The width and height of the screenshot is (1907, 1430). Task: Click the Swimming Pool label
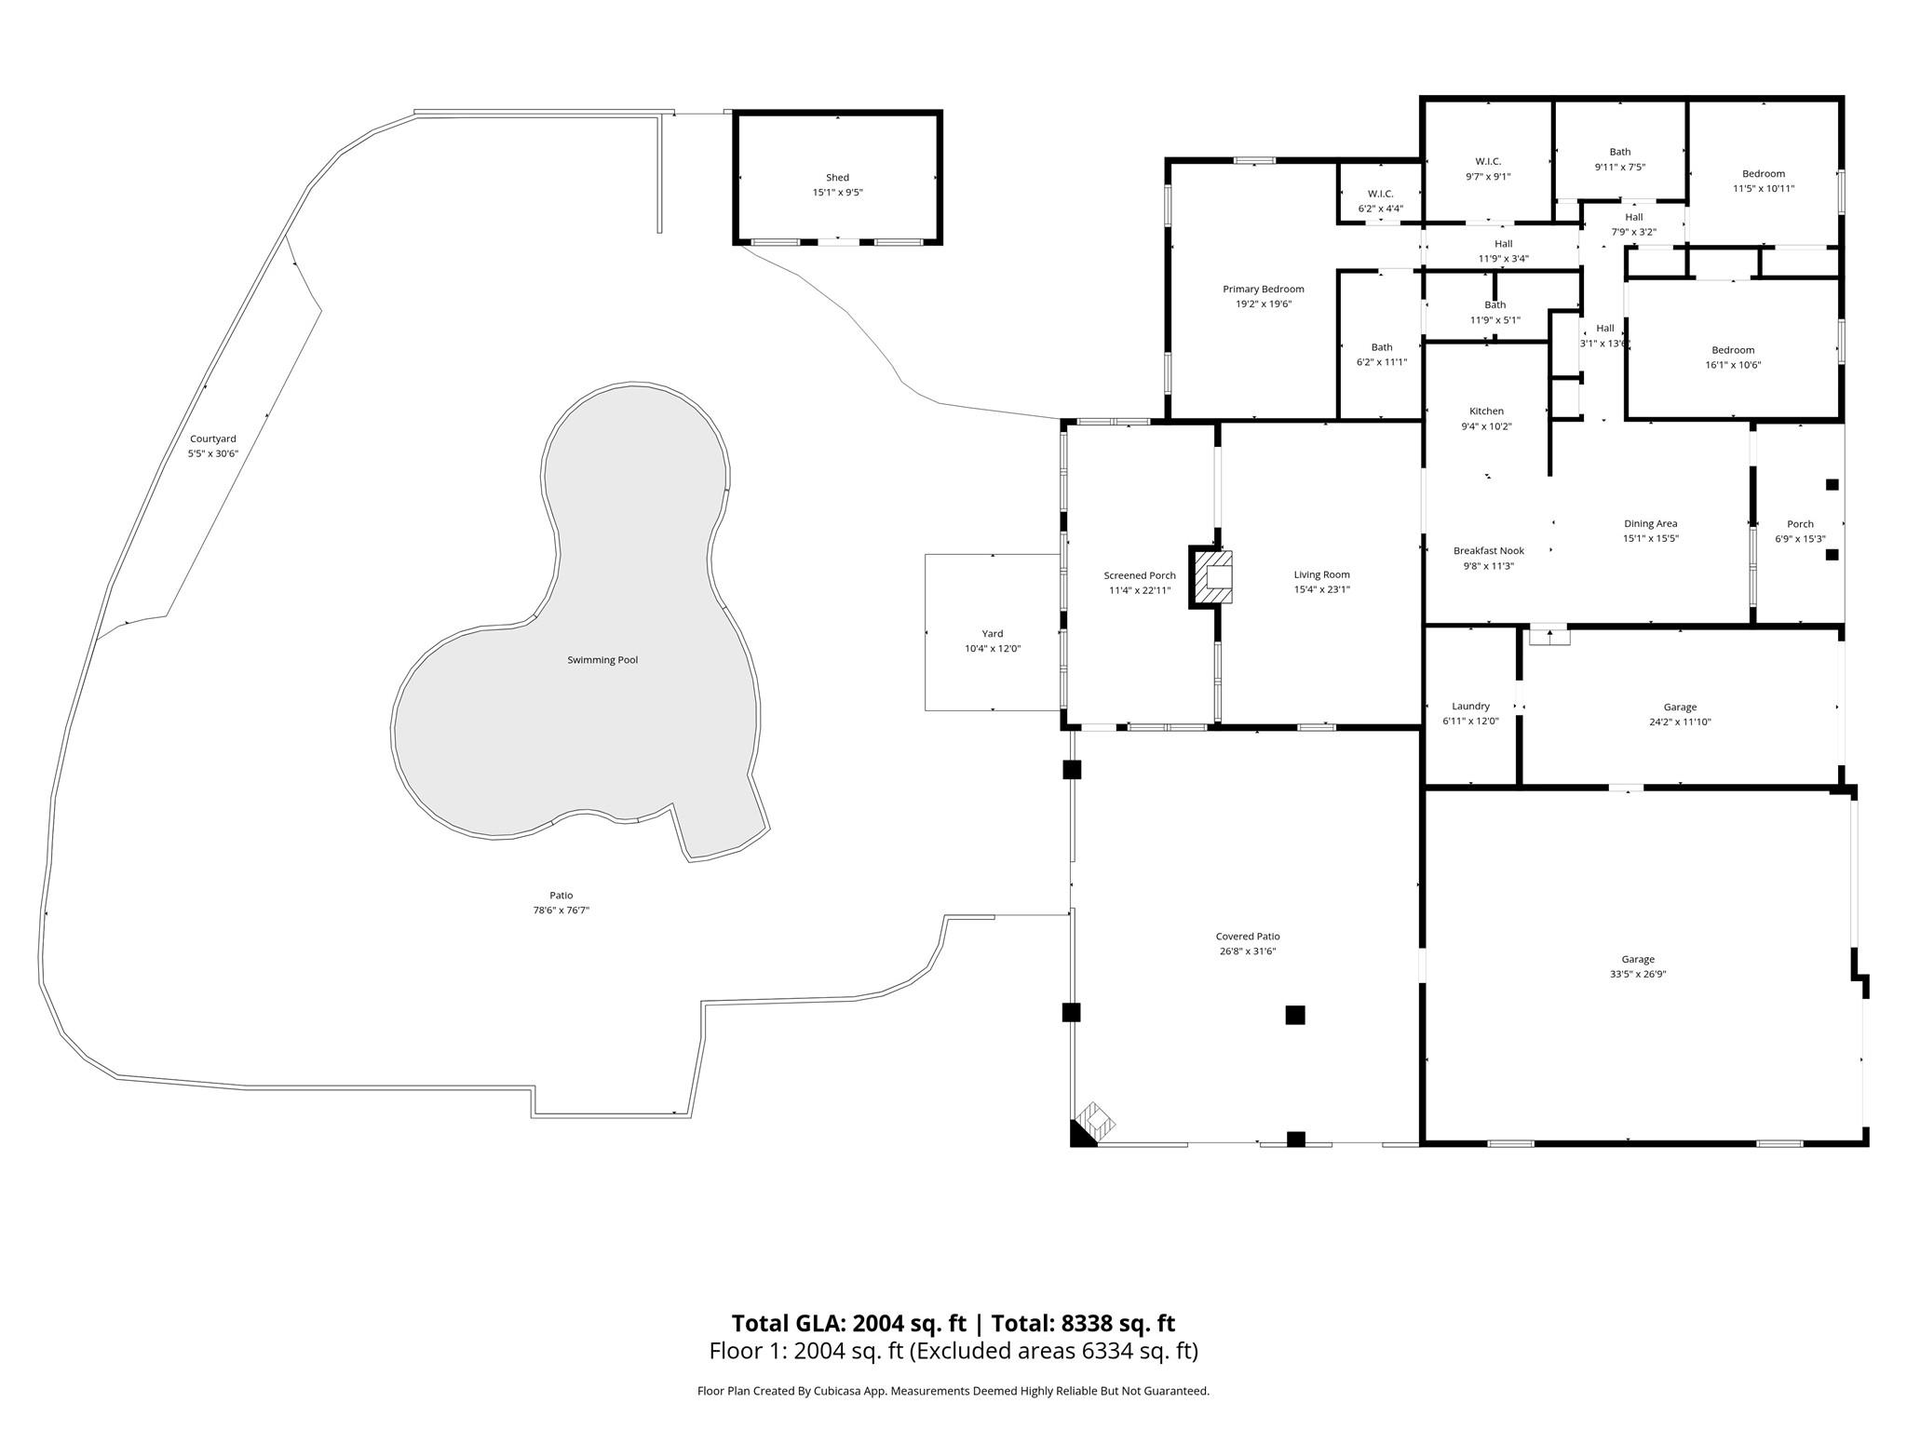pos(602,660)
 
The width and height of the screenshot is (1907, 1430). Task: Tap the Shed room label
pos(837,178)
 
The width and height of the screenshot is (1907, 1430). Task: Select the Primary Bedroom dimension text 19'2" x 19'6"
pos(1264,304)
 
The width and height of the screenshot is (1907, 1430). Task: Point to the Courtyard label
pos(213,438)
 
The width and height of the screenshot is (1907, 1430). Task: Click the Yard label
pos(993,634)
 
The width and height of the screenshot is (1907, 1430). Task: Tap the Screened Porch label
pos(1140,575)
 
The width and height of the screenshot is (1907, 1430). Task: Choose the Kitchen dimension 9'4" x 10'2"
pos(1486,426)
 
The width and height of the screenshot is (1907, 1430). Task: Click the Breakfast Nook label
pos(1489,551)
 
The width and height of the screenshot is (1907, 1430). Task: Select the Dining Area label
pos(1651,524)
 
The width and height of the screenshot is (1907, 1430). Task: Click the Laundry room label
pos(1471,707)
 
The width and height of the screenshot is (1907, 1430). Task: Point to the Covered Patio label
pos(1248,937)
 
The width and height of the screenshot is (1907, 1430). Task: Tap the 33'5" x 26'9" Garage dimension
pos(1638,975)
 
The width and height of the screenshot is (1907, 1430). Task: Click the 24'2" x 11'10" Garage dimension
pos(1681,722)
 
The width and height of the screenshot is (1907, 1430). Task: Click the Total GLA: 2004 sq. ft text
pos(849,1323)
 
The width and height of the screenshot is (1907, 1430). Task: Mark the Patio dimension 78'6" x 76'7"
pos(561,911)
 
